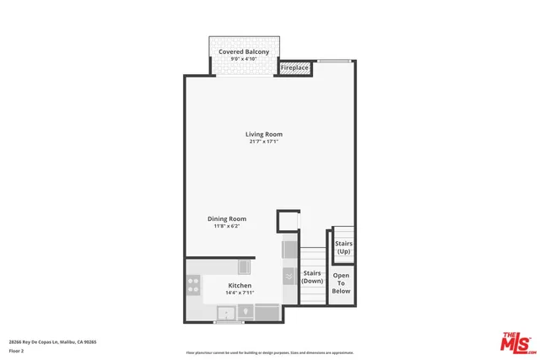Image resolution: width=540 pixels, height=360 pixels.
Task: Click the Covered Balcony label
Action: click(244, 52)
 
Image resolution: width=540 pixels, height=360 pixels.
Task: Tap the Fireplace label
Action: click(294, 67)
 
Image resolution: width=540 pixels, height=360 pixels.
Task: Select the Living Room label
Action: click(263, 134)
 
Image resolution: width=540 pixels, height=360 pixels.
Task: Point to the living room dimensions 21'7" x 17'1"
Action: click(263, 142)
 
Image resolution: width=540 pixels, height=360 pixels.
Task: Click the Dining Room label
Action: click(227, 219)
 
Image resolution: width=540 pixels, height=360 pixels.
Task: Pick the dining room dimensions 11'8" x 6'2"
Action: click(227, 227)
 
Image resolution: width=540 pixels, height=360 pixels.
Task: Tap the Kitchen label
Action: click(240, 286)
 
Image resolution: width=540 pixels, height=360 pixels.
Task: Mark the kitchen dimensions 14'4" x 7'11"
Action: click(240, 293)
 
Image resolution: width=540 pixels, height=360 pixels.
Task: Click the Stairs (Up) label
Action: click(343, 247)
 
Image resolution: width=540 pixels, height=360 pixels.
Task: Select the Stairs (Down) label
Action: click(312, 277)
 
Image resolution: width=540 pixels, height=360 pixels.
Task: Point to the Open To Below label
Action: click(341, 282)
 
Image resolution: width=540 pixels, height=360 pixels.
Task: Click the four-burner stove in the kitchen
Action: click(193, 287)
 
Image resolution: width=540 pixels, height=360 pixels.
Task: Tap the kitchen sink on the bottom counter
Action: click(226, 314)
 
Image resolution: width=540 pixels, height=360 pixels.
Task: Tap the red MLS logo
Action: click(516, 342)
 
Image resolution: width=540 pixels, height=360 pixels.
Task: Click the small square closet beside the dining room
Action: click(289, 221)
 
